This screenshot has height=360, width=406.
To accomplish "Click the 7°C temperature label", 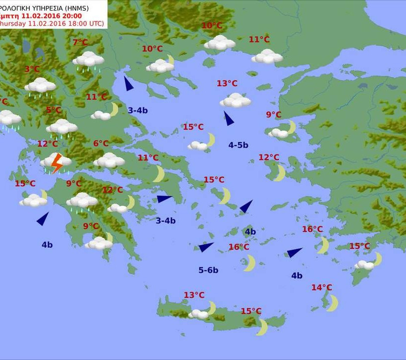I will coord(80,43).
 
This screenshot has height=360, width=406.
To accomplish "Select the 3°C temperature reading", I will coord(32,69).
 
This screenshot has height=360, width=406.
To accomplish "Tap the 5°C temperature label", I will coord(54,110).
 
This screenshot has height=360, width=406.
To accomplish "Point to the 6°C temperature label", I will coord(101,144).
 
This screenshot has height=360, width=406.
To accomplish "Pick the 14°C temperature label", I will coord(321,288).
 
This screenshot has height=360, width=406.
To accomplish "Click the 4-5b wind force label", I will coord(238,145).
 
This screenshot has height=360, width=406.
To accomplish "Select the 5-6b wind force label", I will coord(208,270).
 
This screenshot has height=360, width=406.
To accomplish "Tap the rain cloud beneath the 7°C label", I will coord(89,60).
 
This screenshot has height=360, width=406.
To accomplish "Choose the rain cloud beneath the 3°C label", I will coord(40,86).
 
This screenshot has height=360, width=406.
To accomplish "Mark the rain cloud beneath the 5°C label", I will coord(62,128).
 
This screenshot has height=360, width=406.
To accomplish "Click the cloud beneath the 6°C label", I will coord(109,160).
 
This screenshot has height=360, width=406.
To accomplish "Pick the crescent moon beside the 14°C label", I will coord(332,303).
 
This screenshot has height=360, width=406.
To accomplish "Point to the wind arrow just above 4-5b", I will coord(228,118).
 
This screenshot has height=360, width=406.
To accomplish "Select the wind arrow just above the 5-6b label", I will coord(205,247).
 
